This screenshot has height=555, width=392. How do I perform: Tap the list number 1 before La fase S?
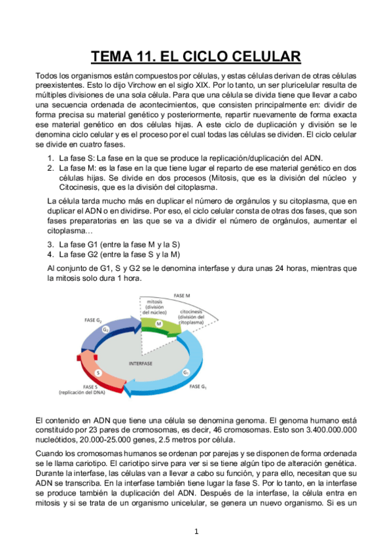(50, 158)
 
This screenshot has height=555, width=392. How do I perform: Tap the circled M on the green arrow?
(158, 324)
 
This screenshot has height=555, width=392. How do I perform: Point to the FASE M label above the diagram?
(181, 296)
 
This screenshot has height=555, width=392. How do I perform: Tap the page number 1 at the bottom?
(196, 531)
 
